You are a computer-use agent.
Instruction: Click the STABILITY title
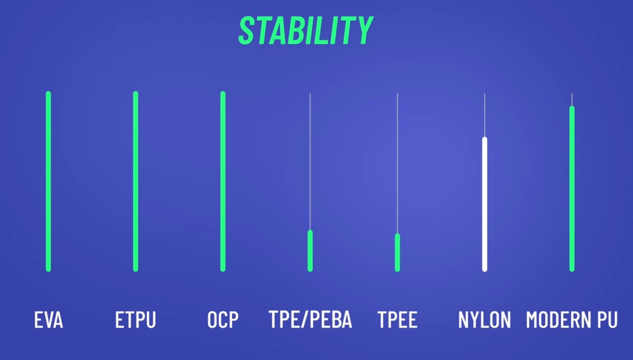(x=306, y=30)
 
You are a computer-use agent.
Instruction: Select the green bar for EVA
(x=49, y=181)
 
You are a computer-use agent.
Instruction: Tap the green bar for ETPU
(x=135, y=181)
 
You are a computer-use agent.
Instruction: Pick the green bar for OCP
(x=223, y=181)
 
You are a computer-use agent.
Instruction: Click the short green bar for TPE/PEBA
(x=310, y=251)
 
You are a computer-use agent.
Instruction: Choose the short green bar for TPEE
(x=398, y=253)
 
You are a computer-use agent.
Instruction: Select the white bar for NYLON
(x=484, y=204)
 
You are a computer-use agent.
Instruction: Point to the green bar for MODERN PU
(x=572, y=189)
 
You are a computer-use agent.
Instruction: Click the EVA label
(x=49, y=319)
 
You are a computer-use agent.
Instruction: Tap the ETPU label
(x=135, y=319)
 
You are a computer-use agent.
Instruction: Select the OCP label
(x=223, y=319)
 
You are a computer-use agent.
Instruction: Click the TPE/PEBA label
(x=310, y=319)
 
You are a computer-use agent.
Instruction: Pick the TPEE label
(x=398, y=319)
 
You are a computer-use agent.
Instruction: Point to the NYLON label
(x=484, y=319)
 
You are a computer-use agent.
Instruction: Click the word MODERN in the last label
(x=558, y=319)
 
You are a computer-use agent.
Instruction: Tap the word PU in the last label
(x=607, y=319)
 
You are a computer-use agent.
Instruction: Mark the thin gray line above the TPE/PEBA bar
(x=310, y=162)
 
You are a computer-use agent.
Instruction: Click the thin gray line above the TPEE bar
(x=398, y=163)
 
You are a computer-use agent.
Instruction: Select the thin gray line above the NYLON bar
(x=484, y=115)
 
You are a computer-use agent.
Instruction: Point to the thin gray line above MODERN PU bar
(x=572, y=100)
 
